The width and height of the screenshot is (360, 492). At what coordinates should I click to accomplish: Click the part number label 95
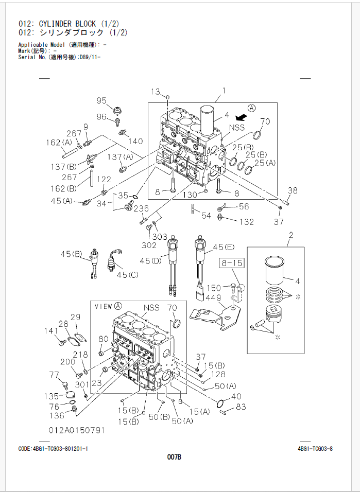(x=101, y=100)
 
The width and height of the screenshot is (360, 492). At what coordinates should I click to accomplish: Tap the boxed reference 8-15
(x=232, y=262)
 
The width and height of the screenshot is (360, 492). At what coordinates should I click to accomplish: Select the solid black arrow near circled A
(x=241, y=118)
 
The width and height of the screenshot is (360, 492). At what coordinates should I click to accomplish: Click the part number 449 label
(x=214, y=297)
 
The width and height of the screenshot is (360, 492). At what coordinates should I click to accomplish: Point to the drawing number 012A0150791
(x=76, y=430)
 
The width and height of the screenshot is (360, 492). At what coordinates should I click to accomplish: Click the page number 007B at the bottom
(x=174, y=457)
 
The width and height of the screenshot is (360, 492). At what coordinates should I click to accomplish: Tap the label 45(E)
(x=224, y=247)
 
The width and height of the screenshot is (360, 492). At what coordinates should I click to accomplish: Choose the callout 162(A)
(x=59, y=143)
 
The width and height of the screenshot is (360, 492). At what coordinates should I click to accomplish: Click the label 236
(x=141, y=208)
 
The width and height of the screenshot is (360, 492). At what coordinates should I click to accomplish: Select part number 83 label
(x=241, y=407)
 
